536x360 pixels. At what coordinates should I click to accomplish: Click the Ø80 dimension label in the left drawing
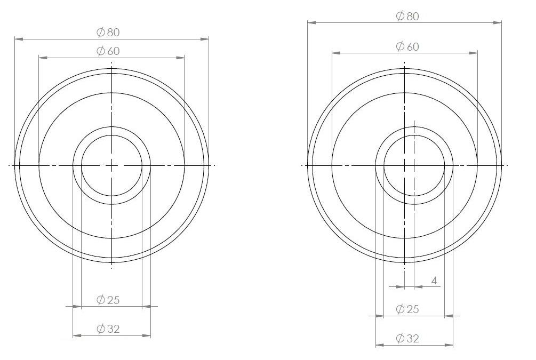[108, 33]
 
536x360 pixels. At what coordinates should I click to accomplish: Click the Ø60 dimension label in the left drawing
[108, 51]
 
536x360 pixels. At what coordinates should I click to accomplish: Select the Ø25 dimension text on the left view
[108, 300]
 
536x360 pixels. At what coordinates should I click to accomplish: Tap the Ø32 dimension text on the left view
[108, 329]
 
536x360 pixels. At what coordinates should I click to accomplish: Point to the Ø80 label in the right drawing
[407, 16]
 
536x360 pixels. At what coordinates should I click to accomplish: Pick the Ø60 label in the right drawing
[407, 46]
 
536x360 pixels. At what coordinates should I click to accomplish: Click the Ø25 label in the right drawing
[407, 309]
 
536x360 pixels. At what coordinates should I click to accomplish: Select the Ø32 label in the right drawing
[407, 338]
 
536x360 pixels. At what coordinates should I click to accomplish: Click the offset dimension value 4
[435, 281]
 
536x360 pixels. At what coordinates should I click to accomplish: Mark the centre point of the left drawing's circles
[111, 166]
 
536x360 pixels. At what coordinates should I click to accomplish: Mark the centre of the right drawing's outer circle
[405, 166]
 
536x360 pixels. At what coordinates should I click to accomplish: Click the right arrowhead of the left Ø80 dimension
[205, 39]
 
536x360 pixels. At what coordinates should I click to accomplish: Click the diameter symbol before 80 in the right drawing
[400, 16]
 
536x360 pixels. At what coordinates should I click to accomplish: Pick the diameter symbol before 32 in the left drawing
[101, 329]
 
